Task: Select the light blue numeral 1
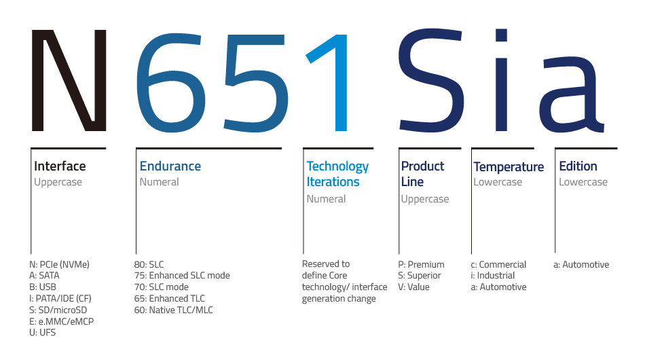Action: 341,82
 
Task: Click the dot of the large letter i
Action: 501,35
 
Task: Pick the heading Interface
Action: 60,166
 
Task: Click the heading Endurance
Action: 170,166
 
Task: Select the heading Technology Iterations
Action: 337,174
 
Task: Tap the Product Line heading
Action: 422,174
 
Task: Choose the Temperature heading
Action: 509,166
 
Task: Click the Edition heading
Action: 578,166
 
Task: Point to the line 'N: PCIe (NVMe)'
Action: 59,264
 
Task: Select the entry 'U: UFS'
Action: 42,332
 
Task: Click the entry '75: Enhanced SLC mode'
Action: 182,275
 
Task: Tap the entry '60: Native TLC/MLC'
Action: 174,310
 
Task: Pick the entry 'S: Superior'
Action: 419,276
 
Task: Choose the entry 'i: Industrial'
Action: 493,275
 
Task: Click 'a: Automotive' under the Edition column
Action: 581,264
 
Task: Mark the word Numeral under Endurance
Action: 159,182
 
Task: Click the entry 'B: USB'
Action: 43,287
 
